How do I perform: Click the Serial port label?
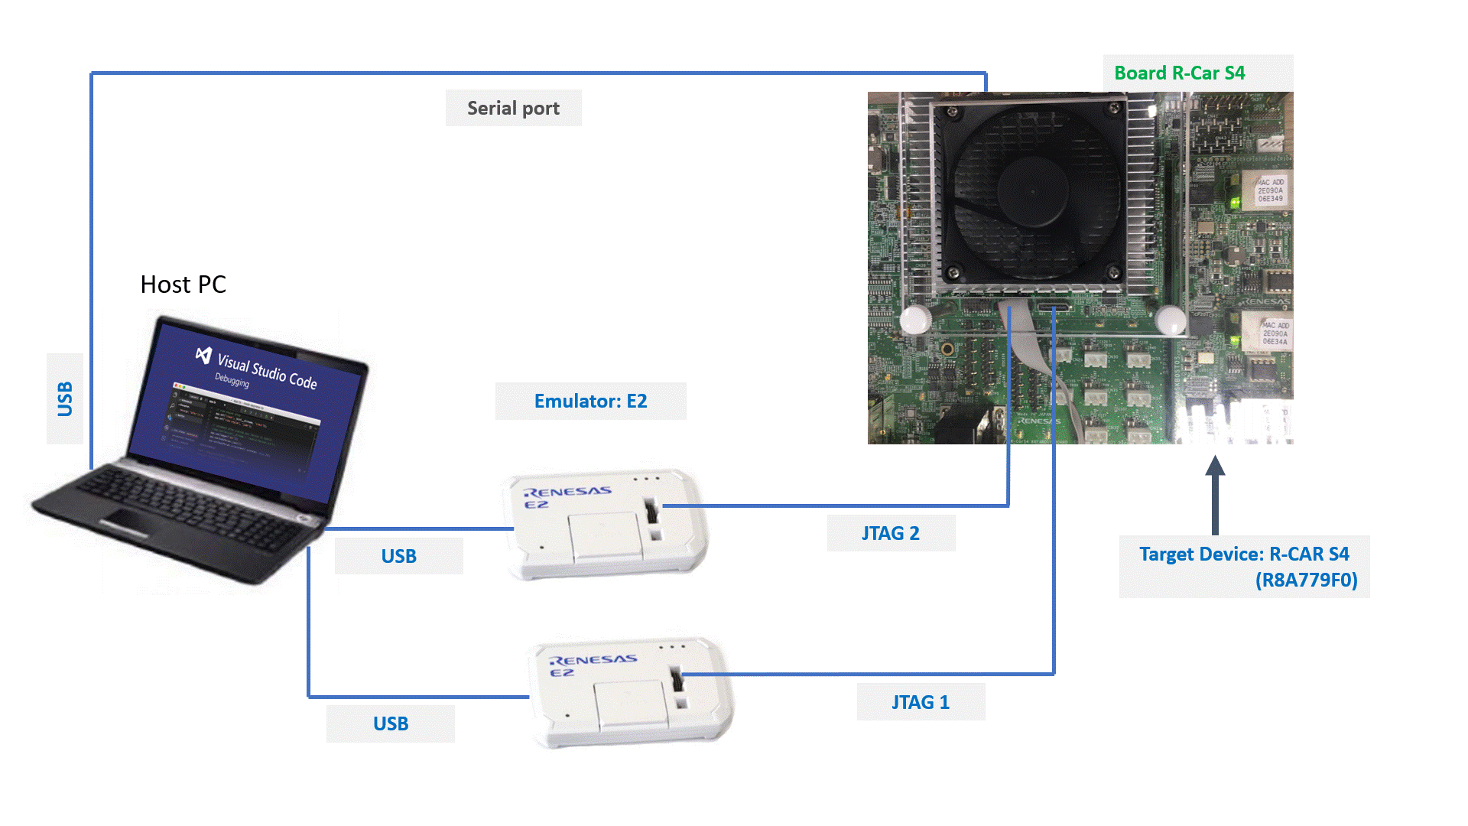(x=513, y=108)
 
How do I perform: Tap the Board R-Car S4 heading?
(x=1179, y=73)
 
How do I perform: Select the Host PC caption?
(x=183, y=285)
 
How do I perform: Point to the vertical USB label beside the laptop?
(x=65, y=398)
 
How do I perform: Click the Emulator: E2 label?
(x=590, y=401)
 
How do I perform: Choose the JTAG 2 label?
(x=891, y=533)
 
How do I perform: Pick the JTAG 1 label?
(x=921, y=702)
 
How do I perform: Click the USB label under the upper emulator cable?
(x=398, y=556)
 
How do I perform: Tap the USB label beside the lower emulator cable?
(x=390, y=724)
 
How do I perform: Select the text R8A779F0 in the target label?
(x=1306, y=580)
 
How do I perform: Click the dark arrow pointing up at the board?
(x=1215, y=494)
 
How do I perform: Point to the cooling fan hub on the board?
(x=1032, y=191)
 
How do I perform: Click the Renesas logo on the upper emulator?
(x=567, y=492)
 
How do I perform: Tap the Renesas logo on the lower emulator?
(x=593, y=660)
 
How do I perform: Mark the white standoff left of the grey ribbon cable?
(x=915, y=319)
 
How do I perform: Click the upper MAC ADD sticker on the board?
(x=1270, y=190)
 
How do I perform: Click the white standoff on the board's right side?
(x=1170, y=320)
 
